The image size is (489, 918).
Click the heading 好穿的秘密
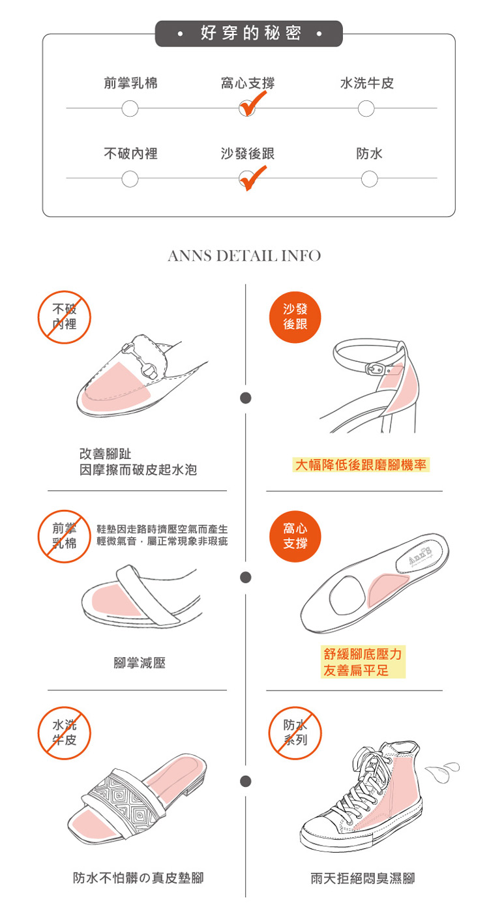tap(248, 33)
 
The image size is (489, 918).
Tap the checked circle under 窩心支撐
tap(246, 108)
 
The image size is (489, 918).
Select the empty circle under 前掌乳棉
tap(130, 108)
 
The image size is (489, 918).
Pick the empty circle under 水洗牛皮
tap(366, 108)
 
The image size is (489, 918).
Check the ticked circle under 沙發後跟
tap(246, 178)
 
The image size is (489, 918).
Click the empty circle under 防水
tap(369, 178)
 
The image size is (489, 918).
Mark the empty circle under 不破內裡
tap(130, 178)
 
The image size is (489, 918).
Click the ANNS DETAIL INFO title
tap(244, 256)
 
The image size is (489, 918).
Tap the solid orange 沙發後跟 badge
tap(295, 317)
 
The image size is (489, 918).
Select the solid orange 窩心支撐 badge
tap(295, 536)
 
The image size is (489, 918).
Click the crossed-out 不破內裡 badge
tap(65, 317)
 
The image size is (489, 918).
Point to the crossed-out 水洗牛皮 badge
tap(65, 733)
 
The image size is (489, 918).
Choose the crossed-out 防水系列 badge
tap(295, 733)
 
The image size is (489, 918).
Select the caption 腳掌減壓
tap(140, 663)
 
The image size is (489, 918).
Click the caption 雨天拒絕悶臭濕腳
tap(363, 878)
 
